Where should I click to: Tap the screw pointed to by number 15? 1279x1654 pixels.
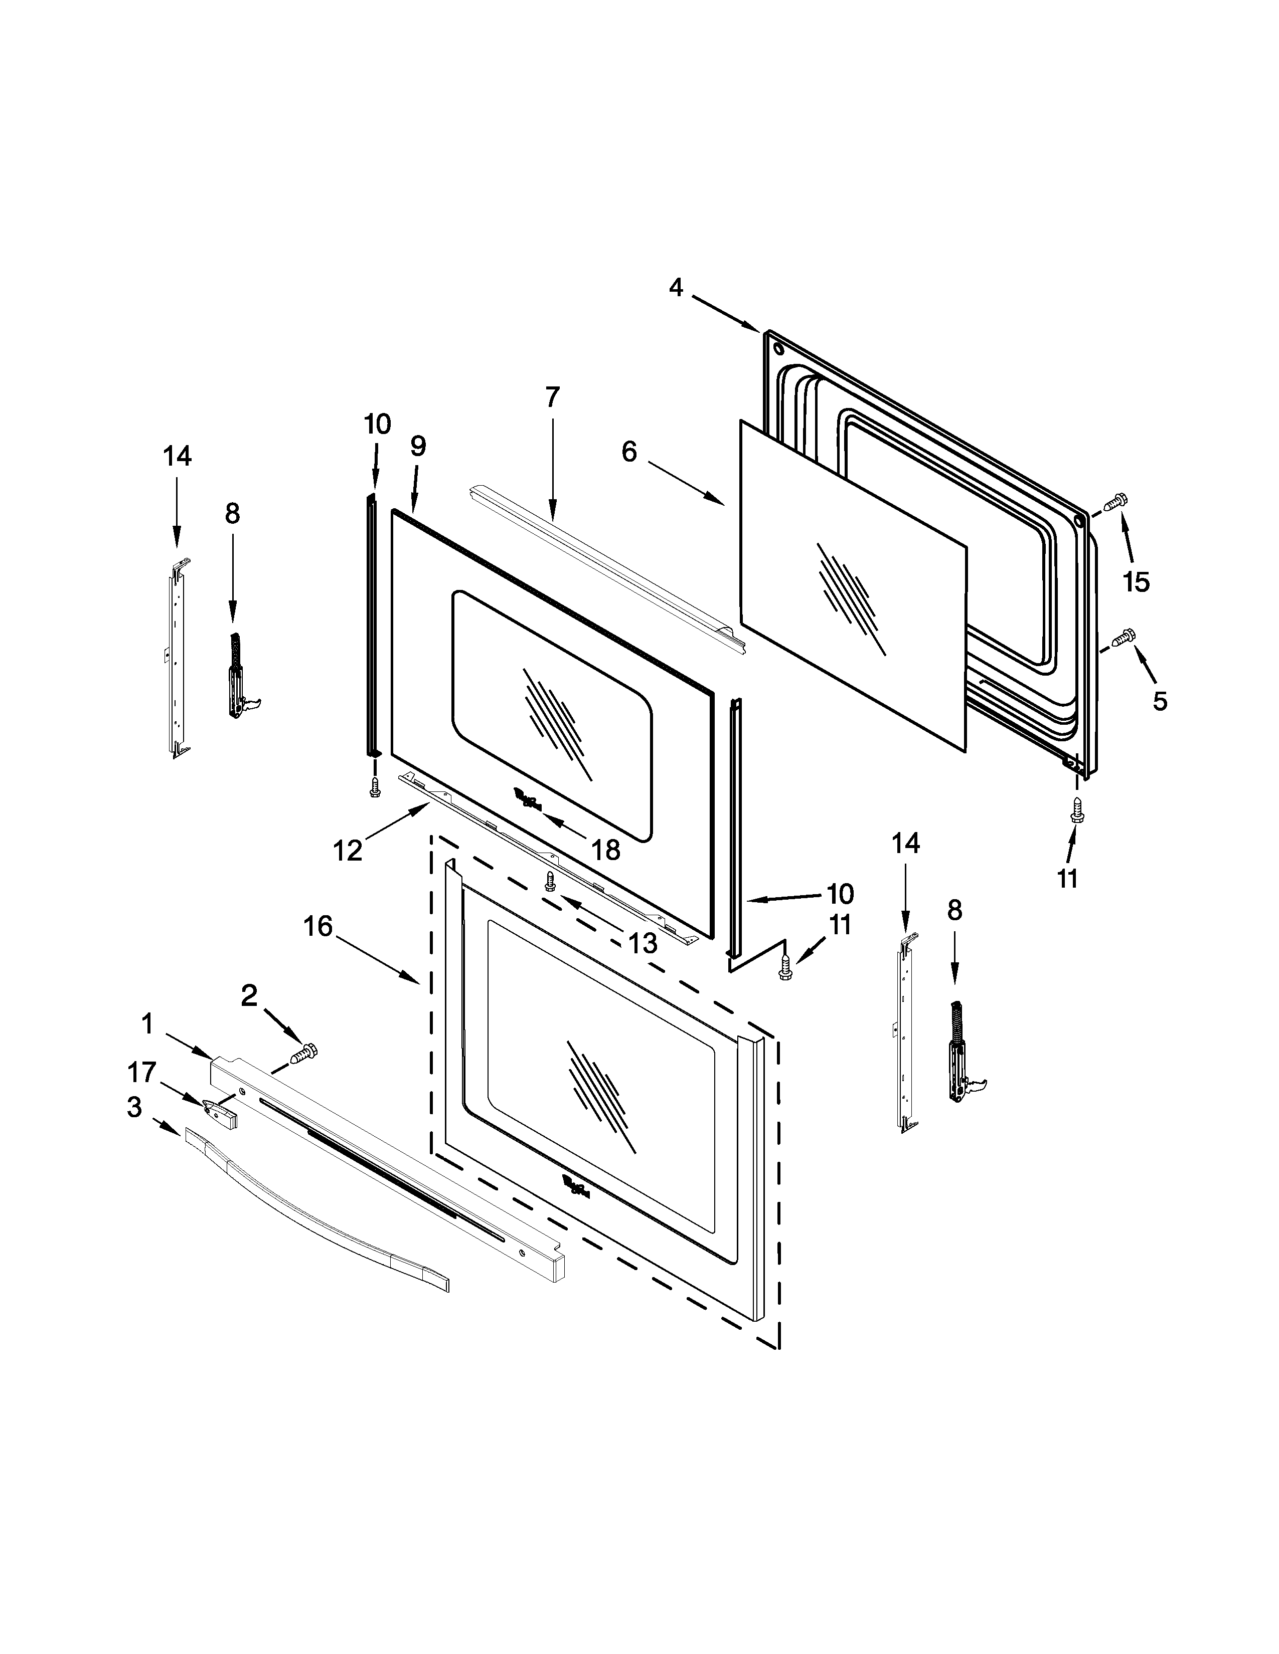tap(1115, 501)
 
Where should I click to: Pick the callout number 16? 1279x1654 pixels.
tap(318, 925)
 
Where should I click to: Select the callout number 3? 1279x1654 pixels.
tap(134, 1107)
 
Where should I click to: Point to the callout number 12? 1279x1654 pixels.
tap(348, 851)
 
